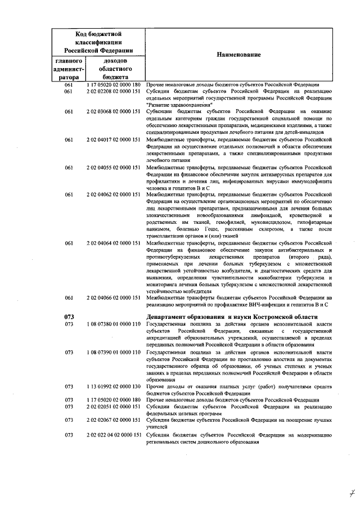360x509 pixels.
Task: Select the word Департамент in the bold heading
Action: pos(167,317)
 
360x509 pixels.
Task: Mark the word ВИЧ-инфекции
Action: pos(254,304)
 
